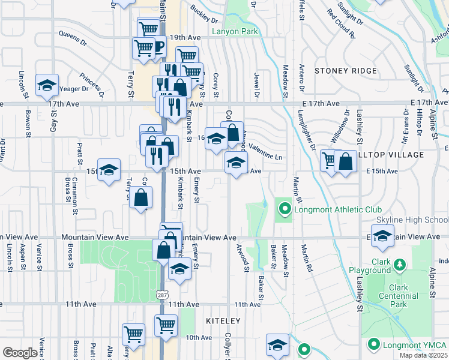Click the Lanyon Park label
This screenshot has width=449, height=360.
[x=234, y=31]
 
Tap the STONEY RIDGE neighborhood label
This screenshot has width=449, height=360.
[x=345, y=71]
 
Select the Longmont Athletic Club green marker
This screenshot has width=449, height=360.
[x=285, y=209]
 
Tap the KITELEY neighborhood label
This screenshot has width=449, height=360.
[x=222, y=321]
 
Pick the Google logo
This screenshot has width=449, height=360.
[x=20, y=353]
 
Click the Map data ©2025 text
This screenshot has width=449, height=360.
[x=423, y=355]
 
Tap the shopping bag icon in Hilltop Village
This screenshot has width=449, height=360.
[x=346, y=161]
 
